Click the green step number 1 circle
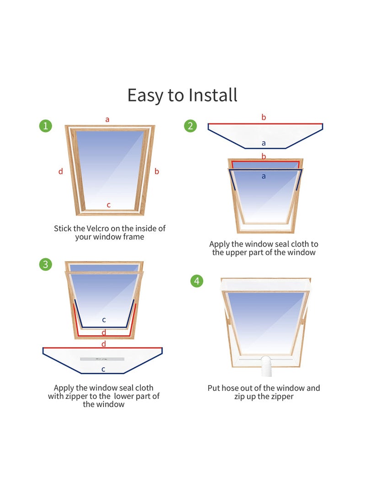coord(45,125)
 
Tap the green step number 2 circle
coord(190,125)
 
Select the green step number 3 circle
coord(45,264)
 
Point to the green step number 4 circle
coord(197,281)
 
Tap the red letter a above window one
coord(108,119)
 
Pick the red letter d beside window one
coord(60,172)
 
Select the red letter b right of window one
coord(157,172)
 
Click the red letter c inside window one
coord(108,205)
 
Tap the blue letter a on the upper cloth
coord(264,143)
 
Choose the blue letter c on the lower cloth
coord(103,369)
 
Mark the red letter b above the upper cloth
coord(264,118)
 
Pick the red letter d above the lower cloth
coord(103,343)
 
